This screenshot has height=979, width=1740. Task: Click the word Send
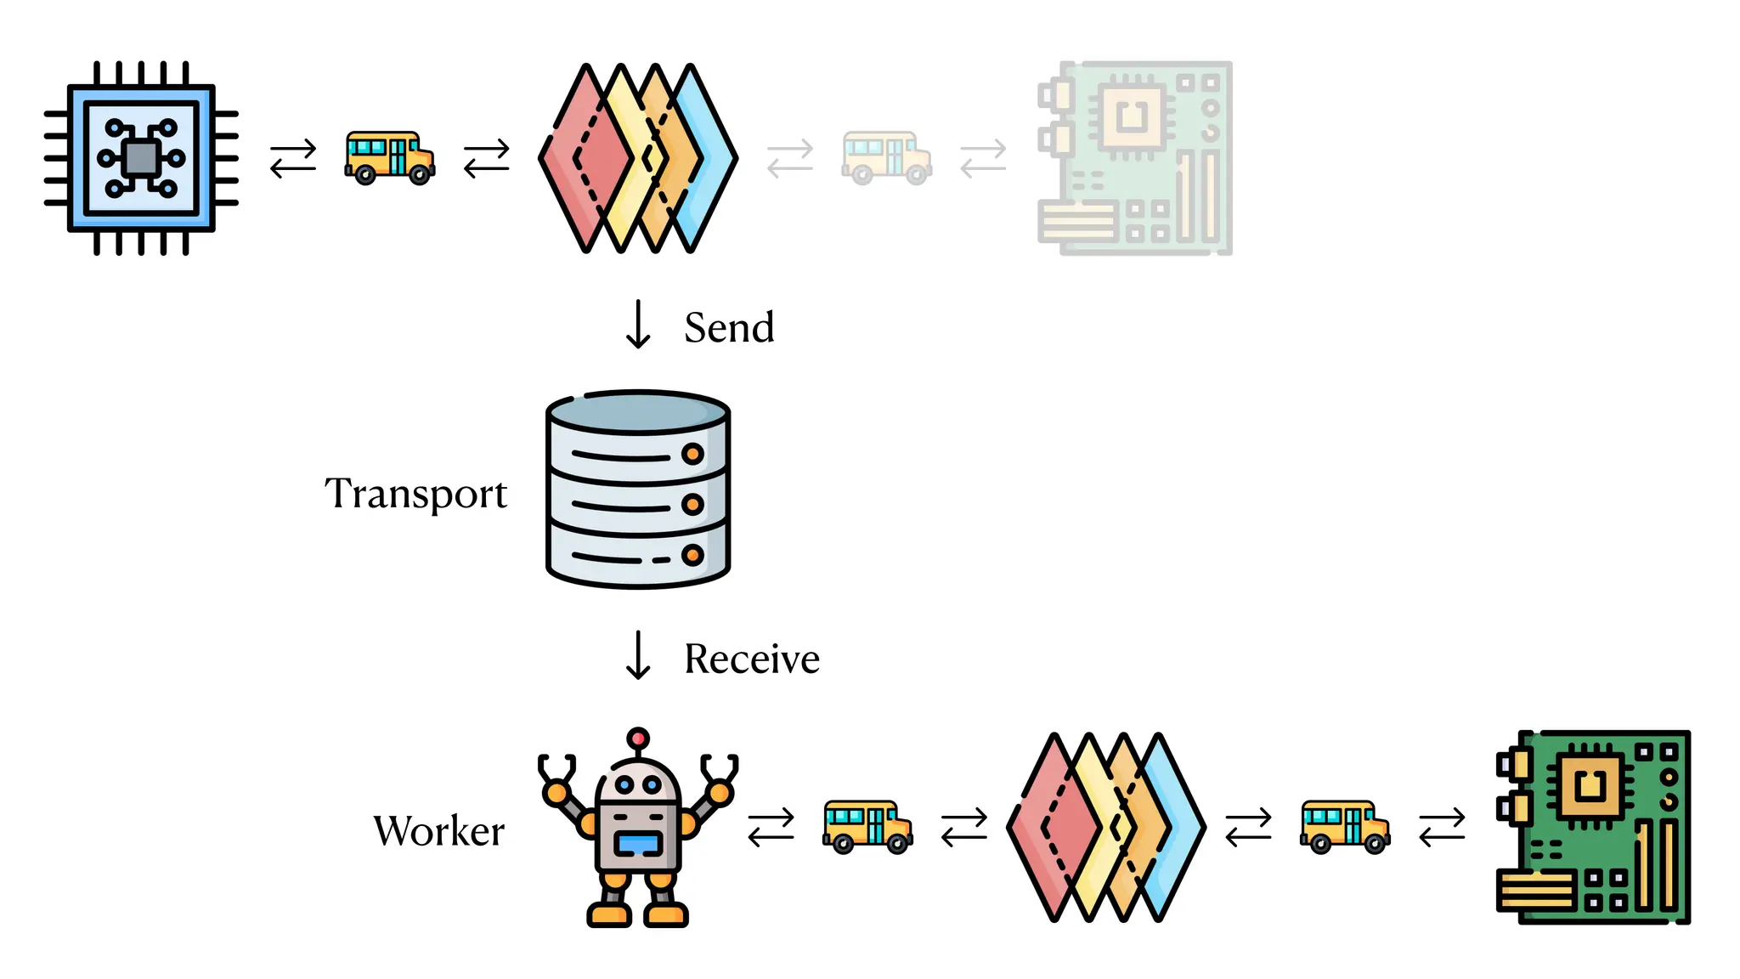(729, 328)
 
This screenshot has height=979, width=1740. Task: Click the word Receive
(751, 659)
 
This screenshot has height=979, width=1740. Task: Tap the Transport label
(415, 495)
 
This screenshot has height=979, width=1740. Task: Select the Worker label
(438, 831)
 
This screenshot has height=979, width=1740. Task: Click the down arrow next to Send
(638, 325)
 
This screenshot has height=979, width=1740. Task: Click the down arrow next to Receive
(638, 655)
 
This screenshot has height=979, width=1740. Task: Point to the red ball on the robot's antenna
(638, 738)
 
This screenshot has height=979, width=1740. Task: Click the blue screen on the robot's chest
(638, 844)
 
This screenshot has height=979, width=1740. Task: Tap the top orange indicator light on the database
(692, 454)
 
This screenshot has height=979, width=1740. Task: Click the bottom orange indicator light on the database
(692, 556)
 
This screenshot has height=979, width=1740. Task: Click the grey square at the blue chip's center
(141, 158)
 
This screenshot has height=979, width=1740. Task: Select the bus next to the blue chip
(389, 158)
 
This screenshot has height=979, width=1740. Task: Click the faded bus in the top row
(886, 158)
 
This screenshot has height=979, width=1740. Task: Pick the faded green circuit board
(1135, 158)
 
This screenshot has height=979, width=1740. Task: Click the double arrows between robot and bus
(771, 827)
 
